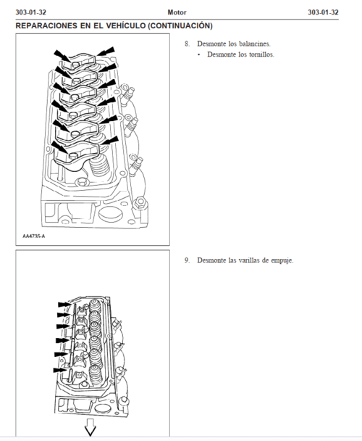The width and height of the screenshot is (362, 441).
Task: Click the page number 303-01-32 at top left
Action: tap(31, 12)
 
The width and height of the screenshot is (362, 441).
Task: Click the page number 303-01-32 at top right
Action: tap(323, 12)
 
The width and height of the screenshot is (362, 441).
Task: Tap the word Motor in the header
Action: tap(177, 12)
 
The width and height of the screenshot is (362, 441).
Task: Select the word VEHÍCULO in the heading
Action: tap(126, 25)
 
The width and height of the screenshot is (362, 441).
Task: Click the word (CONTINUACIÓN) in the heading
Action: tap(180, 25)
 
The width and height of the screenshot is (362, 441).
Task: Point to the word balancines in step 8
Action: tap(255, 44)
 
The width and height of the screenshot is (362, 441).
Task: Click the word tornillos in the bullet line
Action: tap(261, 54)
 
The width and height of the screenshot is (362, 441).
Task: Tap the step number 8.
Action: tap(188, 44)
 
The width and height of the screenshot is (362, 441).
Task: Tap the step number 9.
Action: tap(188, 260)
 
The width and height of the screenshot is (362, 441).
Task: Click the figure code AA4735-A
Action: tap(34, 236)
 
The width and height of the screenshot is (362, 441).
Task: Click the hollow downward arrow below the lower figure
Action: tap(90, 427)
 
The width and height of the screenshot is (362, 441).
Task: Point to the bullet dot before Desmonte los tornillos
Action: tap(199, 54)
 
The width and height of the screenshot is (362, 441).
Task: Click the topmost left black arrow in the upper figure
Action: tap(62, 56)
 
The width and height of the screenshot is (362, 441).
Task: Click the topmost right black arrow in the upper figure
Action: tap(106, 51)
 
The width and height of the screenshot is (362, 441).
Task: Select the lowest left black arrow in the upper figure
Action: tap(60, 147)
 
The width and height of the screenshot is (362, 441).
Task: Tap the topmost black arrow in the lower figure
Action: tap(65, 305)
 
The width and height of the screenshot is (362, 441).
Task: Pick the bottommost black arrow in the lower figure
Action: tap(60, 371)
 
